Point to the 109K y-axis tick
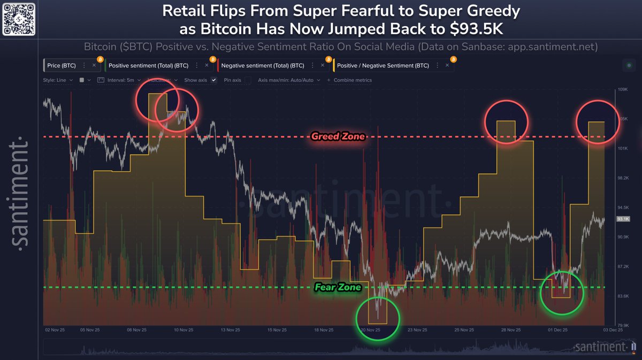(x=622, y=89)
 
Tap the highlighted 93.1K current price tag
(x=623, y=219)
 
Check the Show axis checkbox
(x=214, y=80)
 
